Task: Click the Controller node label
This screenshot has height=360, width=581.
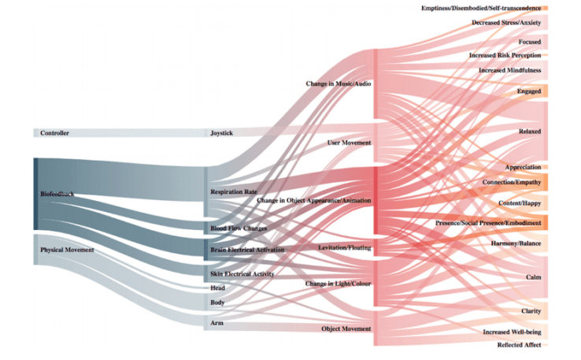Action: (55, 133)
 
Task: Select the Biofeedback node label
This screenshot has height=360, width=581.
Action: (57, 193)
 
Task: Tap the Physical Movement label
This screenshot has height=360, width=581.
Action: (67, 250)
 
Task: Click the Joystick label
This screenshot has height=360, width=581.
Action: (221, 133)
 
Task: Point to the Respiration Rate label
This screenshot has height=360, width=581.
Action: (234, 191)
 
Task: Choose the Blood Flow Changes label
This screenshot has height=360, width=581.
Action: (239, 228)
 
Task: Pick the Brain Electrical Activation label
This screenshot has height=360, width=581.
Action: (247, 250)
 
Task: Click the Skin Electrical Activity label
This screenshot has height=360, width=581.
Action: (242, 273)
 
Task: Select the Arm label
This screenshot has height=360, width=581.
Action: (216, 323)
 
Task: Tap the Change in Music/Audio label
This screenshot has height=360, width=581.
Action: (339, 83)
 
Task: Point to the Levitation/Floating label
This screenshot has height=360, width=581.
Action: (344, 247)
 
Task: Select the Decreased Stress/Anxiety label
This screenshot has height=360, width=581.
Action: (506, 23)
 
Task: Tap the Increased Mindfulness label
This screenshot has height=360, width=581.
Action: (509, 70)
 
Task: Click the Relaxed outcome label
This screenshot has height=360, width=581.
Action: (529, 131)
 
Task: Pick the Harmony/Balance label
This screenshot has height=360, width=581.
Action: (516, 243)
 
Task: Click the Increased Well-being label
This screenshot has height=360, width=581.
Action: (512, 332)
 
